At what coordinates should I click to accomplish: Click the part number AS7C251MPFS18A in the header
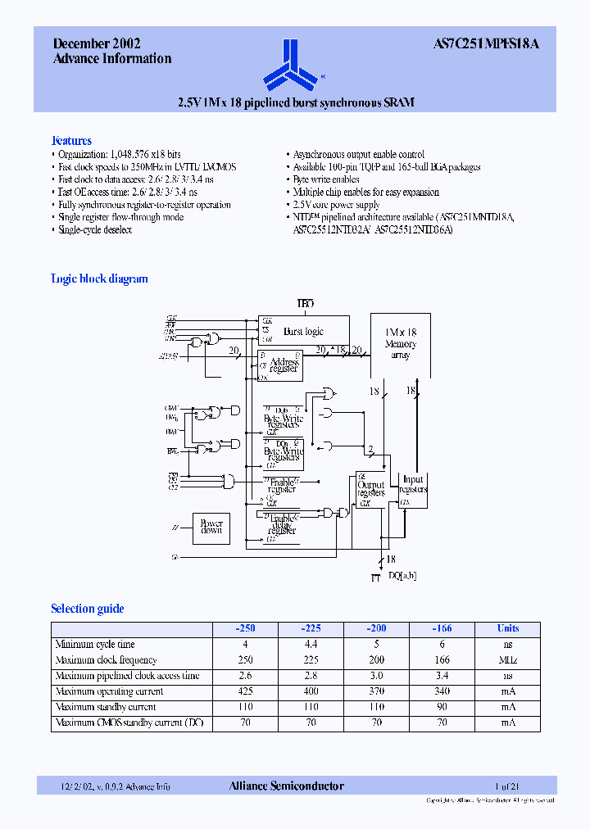click(x=485, y=44)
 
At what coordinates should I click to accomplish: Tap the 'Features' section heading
click(x=71, y=140)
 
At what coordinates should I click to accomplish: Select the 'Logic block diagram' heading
click(x=99, y=279)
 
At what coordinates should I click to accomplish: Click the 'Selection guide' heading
click(x=88, y=609)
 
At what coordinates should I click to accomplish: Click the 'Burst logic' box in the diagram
click(x=303, y=331)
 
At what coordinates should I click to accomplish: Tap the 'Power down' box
click(x=211, y=526)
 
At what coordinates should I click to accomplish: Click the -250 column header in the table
click(x=245, y=628)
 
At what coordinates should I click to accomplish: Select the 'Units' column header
click(x=508, y=628)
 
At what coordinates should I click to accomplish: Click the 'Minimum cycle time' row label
click(x=95, y=645)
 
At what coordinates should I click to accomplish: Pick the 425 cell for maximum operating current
click(x=245, y=691)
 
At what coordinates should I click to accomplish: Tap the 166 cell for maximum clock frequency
click(x=442, y=660)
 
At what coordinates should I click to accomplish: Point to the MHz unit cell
click(x=508, y=660)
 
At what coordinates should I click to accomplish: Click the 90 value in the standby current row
click(x=442, y=707)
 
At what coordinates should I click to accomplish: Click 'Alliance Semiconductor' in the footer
click(x=287, y=786)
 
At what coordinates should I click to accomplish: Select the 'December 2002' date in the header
click(x=97, y=44)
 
